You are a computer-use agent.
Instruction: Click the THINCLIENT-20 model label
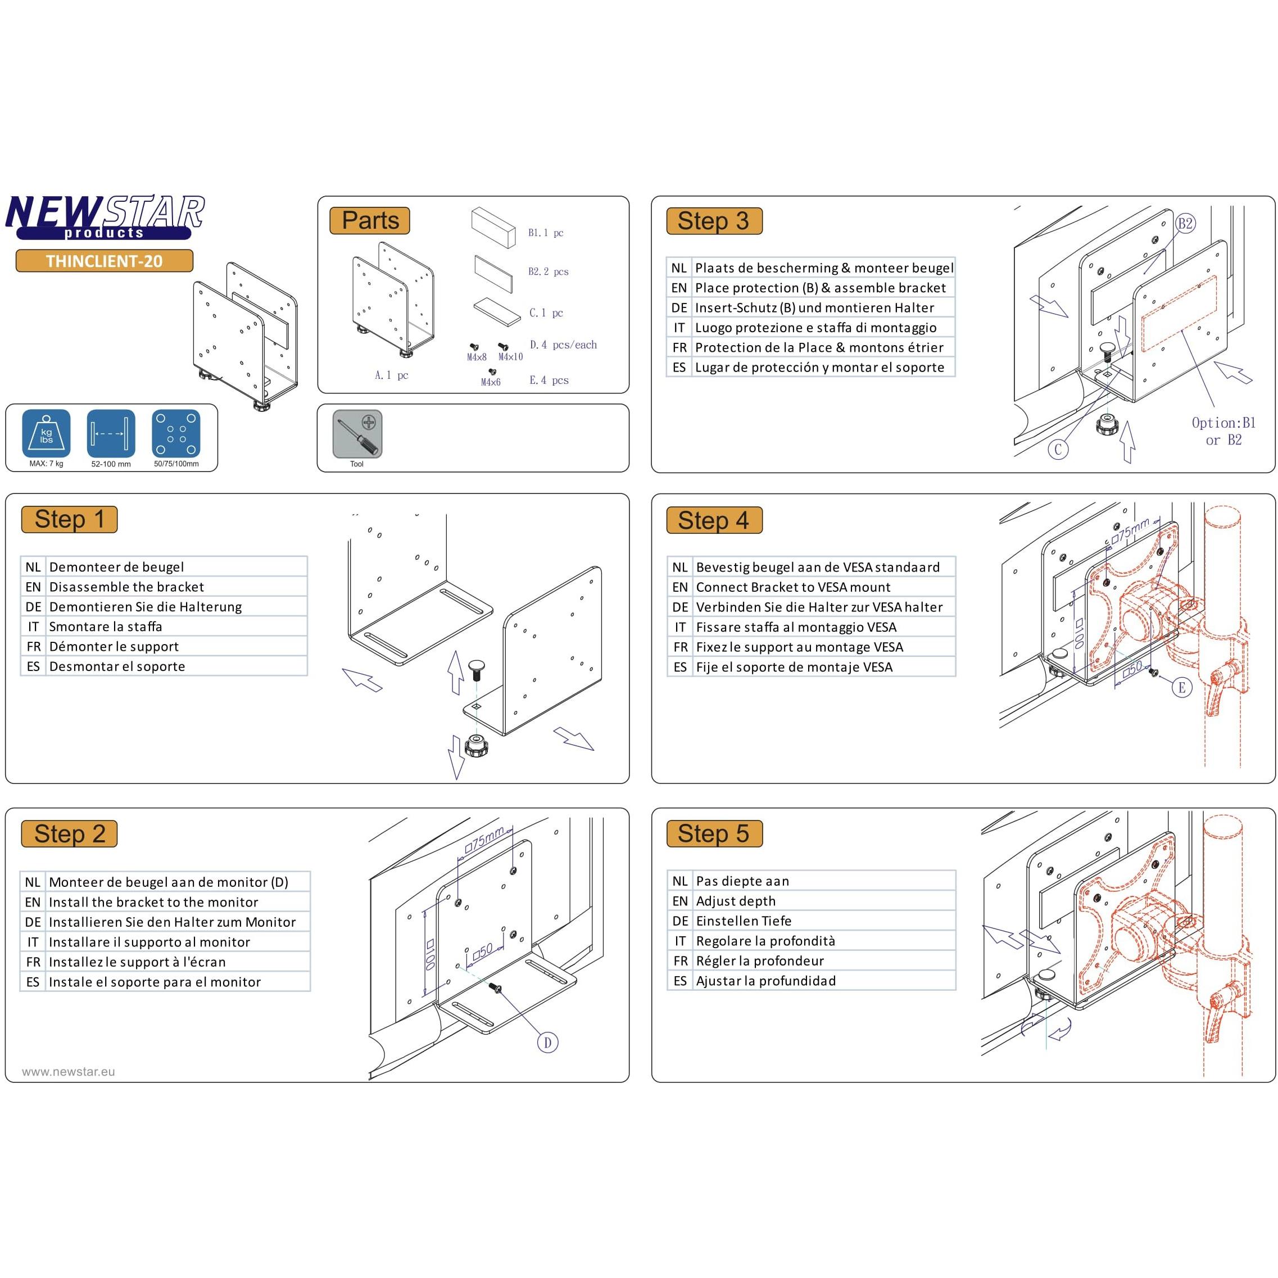105,261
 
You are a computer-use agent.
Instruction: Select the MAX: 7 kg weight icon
46,434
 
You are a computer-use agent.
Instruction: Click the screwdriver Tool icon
357,434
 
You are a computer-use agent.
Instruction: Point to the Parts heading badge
370,220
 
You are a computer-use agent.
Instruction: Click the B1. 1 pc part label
545,233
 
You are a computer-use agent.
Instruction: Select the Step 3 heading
713,221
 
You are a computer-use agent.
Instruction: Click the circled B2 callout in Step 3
1185,224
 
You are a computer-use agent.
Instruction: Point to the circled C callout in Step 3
1058,450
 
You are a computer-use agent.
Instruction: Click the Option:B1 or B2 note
1223,431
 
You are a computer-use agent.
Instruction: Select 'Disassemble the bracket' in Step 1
126,587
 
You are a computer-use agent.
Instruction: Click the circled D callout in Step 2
548,1043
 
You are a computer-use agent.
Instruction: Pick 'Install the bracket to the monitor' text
153,902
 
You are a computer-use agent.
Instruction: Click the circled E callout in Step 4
1181,688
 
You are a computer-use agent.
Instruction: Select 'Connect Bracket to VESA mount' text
792,587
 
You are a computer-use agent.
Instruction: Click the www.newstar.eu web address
68,1072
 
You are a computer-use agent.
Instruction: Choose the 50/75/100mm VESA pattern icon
176,434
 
